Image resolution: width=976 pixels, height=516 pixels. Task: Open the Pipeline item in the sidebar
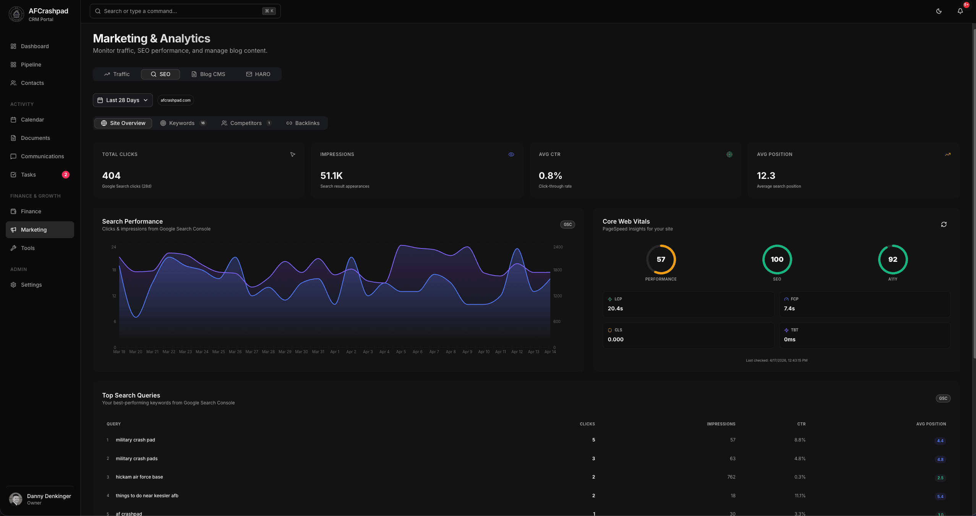point(31,65)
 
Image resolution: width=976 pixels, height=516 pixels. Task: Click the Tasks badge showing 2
point(66,175)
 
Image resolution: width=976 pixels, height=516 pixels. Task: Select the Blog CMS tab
point(208,74)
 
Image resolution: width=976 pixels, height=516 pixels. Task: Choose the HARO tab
point(258,74)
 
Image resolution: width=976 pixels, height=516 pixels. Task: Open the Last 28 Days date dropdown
point(123,100)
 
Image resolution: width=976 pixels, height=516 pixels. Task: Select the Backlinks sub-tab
point(303,123)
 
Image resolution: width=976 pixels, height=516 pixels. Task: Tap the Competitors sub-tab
point(246,123)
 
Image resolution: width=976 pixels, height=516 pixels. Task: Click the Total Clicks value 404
point(111,176)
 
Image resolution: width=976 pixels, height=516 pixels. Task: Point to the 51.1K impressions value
point(331,176)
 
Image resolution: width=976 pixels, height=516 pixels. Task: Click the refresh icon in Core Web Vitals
point(944,224)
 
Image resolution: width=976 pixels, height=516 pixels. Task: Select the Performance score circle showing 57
point(661,245)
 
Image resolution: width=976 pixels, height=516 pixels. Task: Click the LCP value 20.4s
point(615,308)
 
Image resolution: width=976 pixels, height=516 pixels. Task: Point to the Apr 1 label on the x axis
point(335,352)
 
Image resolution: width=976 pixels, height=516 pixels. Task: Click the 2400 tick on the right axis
point(558,247)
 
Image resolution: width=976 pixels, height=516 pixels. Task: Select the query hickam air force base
point(139,477)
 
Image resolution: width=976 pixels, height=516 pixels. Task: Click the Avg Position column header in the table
point(931,424)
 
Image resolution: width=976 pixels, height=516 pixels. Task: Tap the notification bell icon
point(960,11)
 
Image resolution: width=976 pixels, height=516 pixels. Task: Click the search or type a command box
point(185,11)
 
